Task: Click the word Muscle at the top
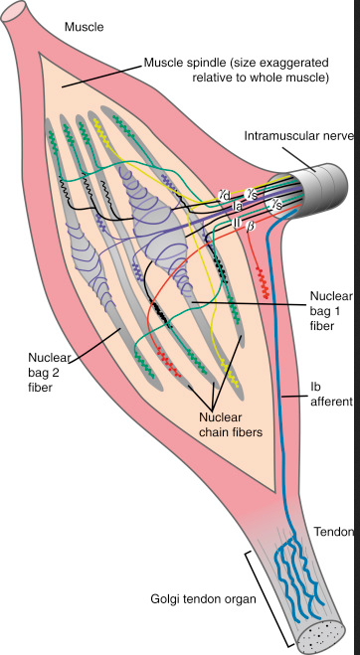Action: [x=85, y=28]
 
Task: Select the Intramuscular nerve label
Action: [x=299, y=136]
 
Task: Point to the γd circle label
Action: [x=225, y=195]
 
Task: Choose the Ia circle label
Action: [x=238, y=206]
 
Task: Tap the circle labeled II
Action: [x=237, y=223]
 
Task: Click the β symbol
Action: [x=251, y=226]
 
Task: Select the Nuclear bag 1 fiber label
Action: [x=331, y=310]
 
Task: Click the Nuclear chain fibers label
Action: [x=231, y=424]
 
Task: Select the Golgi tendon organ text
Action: [x=203, y=599]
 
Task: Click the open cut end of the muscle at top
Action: [x=14, y=11]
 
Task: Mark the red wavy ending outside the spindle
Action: [x=263, y=283]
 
